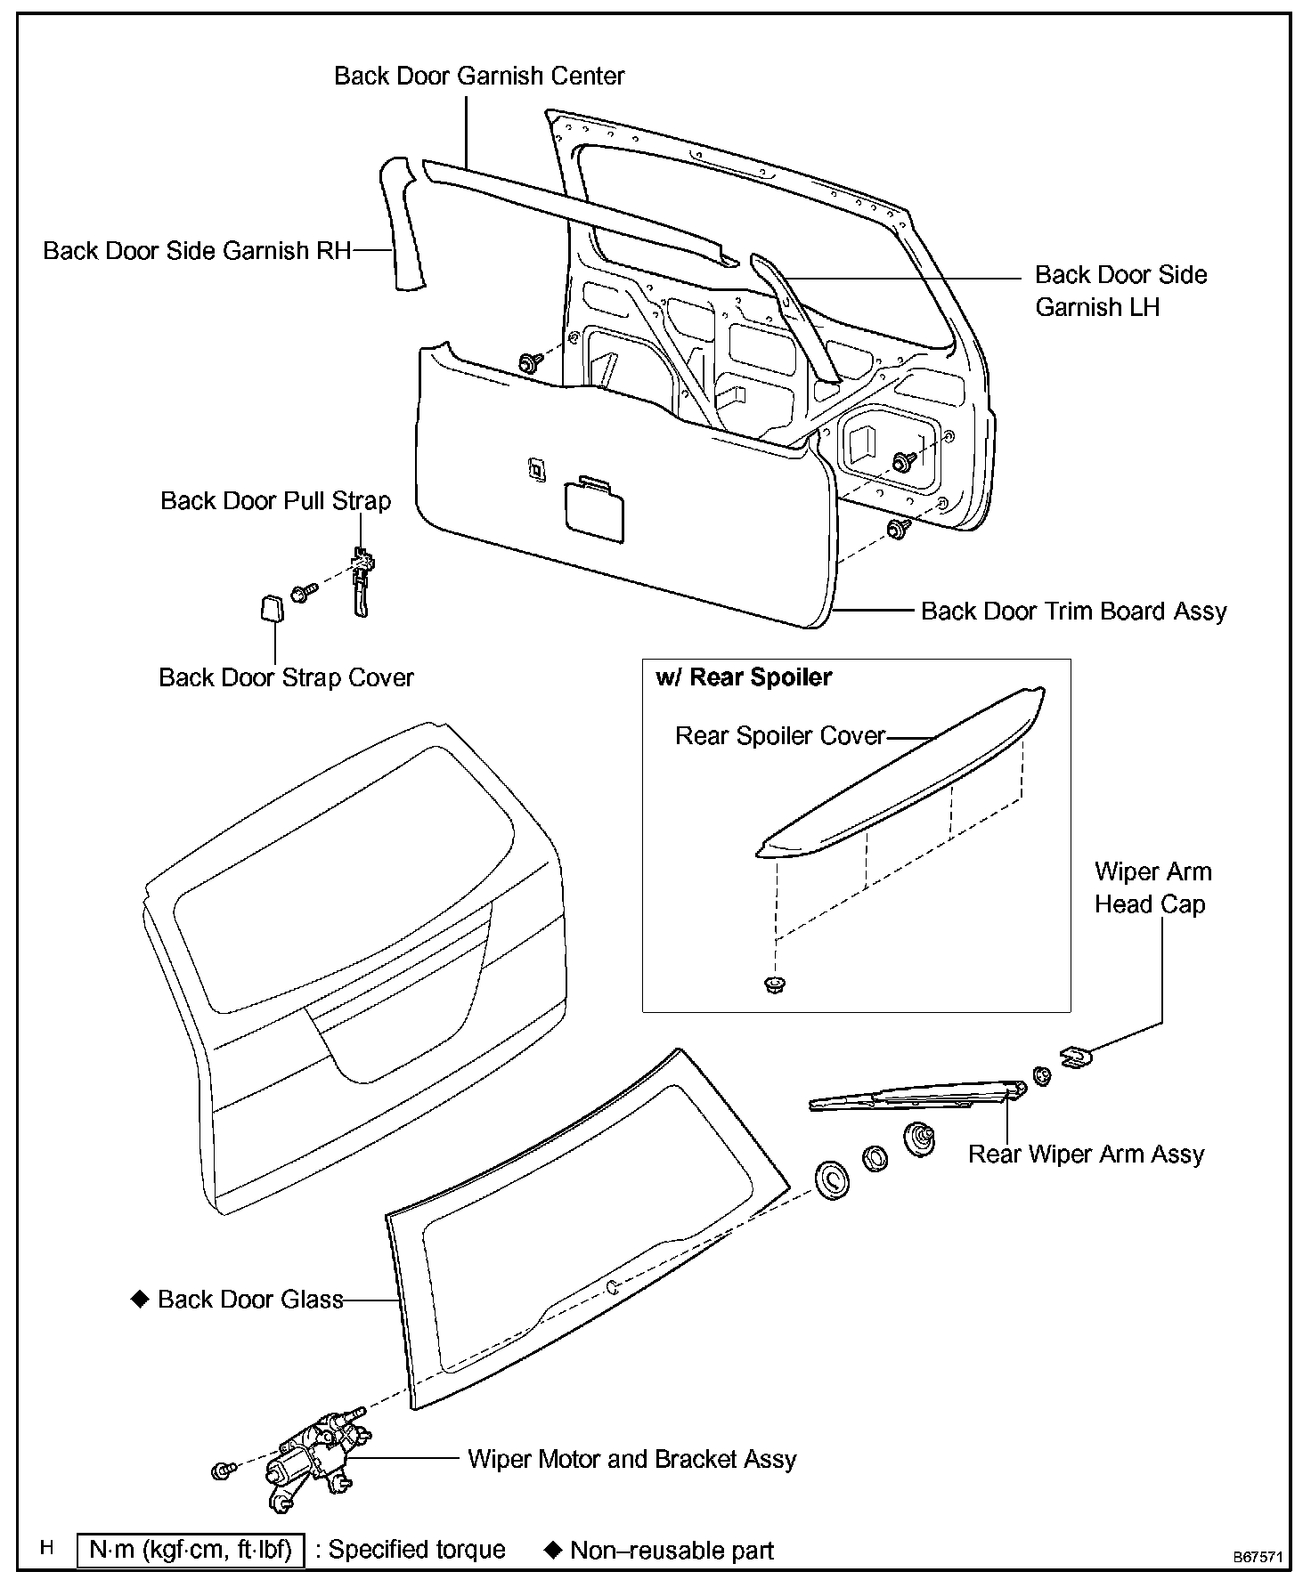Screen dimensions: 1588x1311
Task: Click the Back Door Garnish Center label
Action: coord(479,76)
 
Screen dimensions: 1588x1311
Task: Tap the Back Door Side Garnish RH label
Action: coord(197,251)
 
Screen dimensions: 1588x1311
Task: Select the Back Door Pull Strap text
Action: coord(275,500)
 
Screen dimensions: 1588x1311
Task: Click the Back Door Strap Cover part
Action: coord(269,609)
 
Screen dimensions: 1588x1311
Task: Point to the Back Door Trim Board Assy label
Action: coord(1073,612)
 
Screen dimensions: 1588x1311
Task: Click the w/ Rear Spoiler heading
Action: coord(744,677)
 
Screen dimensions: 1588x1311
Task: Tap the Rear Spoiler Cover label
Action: coord(780,736)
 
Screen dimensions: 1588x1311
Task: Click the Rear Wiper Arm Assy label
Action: coord(1086,1155)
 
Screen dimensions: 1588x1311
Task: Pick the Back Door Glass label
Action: coord(250,1300)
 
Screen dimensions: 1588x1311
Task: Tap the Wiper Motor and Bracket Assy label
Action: coord(631,1459)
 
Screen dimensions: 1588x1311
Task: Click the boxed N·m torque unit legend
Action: coord(191,1550)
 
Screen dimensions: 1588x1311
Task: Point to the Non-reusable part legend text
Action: coord(672,1551)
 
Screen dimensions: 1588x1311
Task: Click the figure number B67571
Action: coord(1258,1558)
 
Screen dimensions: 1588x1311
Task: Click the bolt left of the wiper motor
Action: coord(222,1471)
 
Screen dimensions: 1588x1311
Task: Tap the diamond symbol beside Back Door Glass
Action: coord(139,1299)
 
